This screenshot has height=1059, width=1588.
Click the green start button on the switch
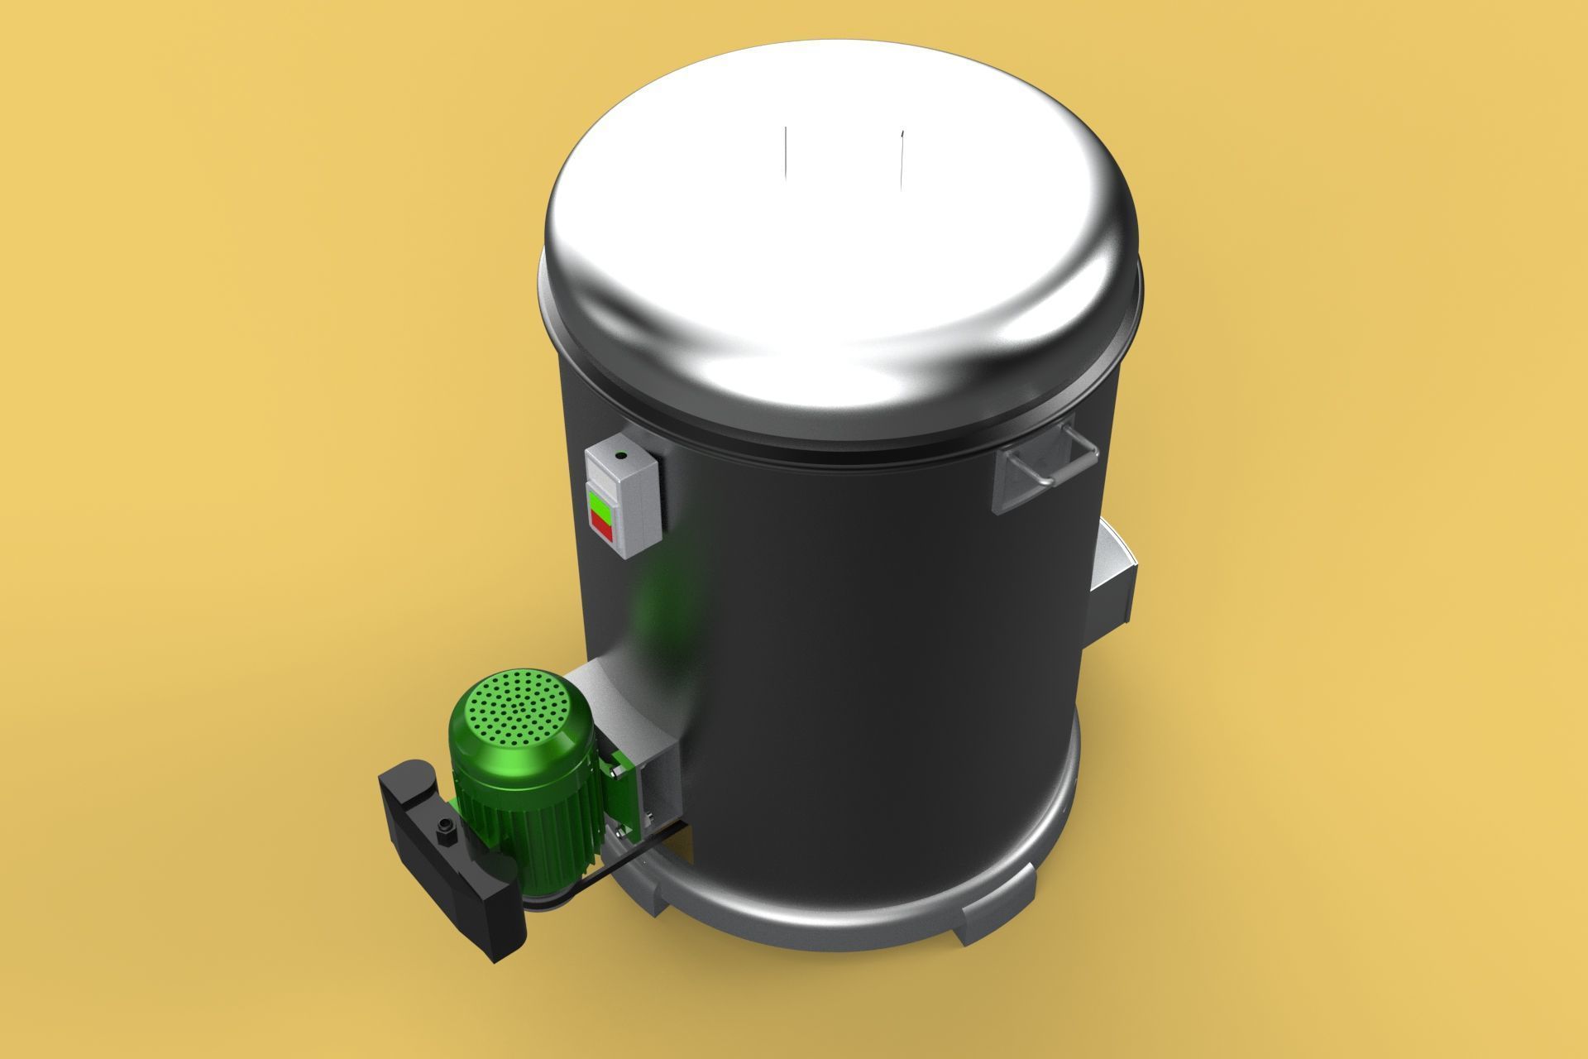point(602,501)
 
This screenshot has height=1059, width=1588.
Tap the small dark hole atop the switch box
point(619,454)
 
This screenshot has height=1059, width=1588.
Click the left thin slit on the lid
point(787,156)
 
